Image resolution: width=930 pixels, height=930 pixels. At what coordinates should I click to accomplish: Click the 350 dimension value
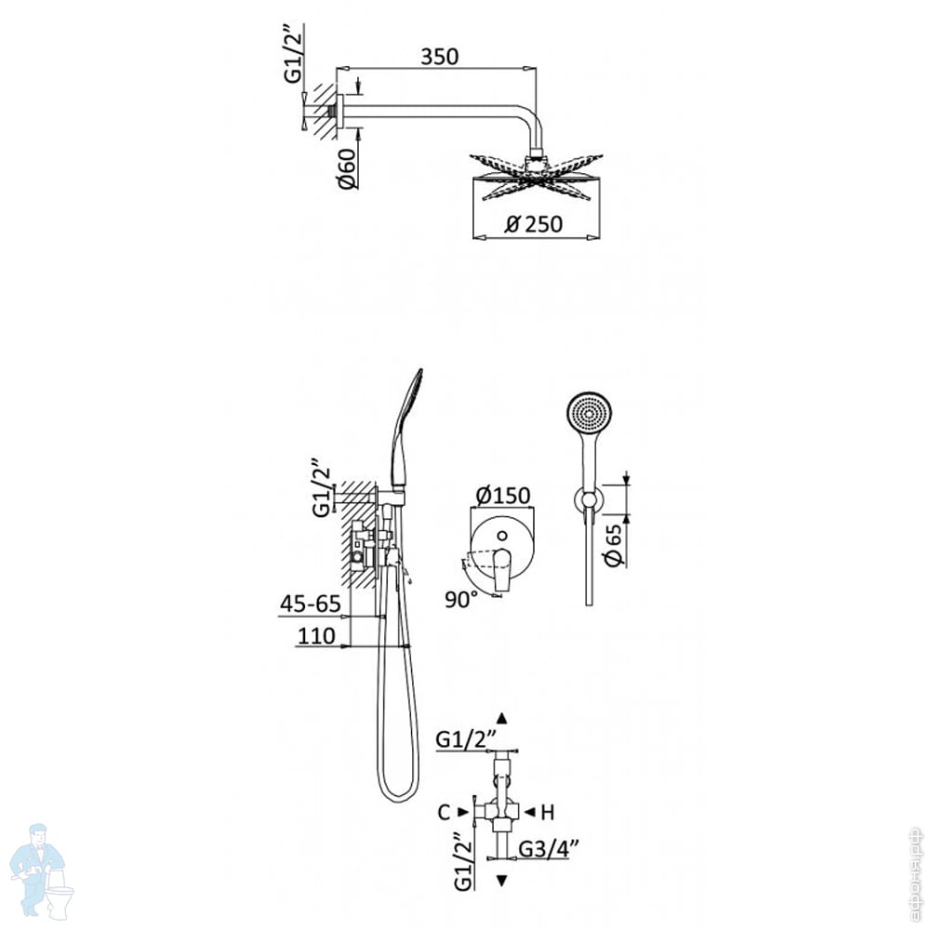[439, 57]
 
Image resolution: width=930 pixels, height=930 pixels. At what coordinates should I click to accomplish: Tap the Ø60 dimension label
[347, 169]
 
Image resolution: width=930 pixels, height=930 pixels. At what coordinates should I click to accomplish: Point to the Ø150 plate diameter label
[502, 495]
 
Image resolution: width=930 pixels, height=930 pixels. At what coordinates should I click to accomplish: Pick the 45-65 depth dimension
[311, 604]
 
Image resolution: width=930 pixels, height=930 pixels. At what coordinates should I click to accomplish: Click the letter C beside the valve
[444, 812]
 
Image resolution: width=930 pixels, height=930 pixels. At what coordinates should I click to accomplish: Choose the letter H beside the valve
[548, 812]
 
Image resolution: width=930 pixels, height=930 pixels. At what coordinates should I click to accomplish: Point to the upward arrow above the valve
[503, 718]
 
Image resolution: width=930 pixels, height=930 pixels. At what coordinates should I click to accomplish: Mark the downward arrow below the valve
[503, 880]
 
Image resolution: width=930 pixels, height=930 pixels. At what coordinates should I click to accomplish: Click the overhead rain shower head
[534, 177]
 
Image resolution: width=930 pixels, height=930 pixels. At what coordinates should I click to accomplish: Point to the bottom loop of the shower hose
[399, 792]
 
